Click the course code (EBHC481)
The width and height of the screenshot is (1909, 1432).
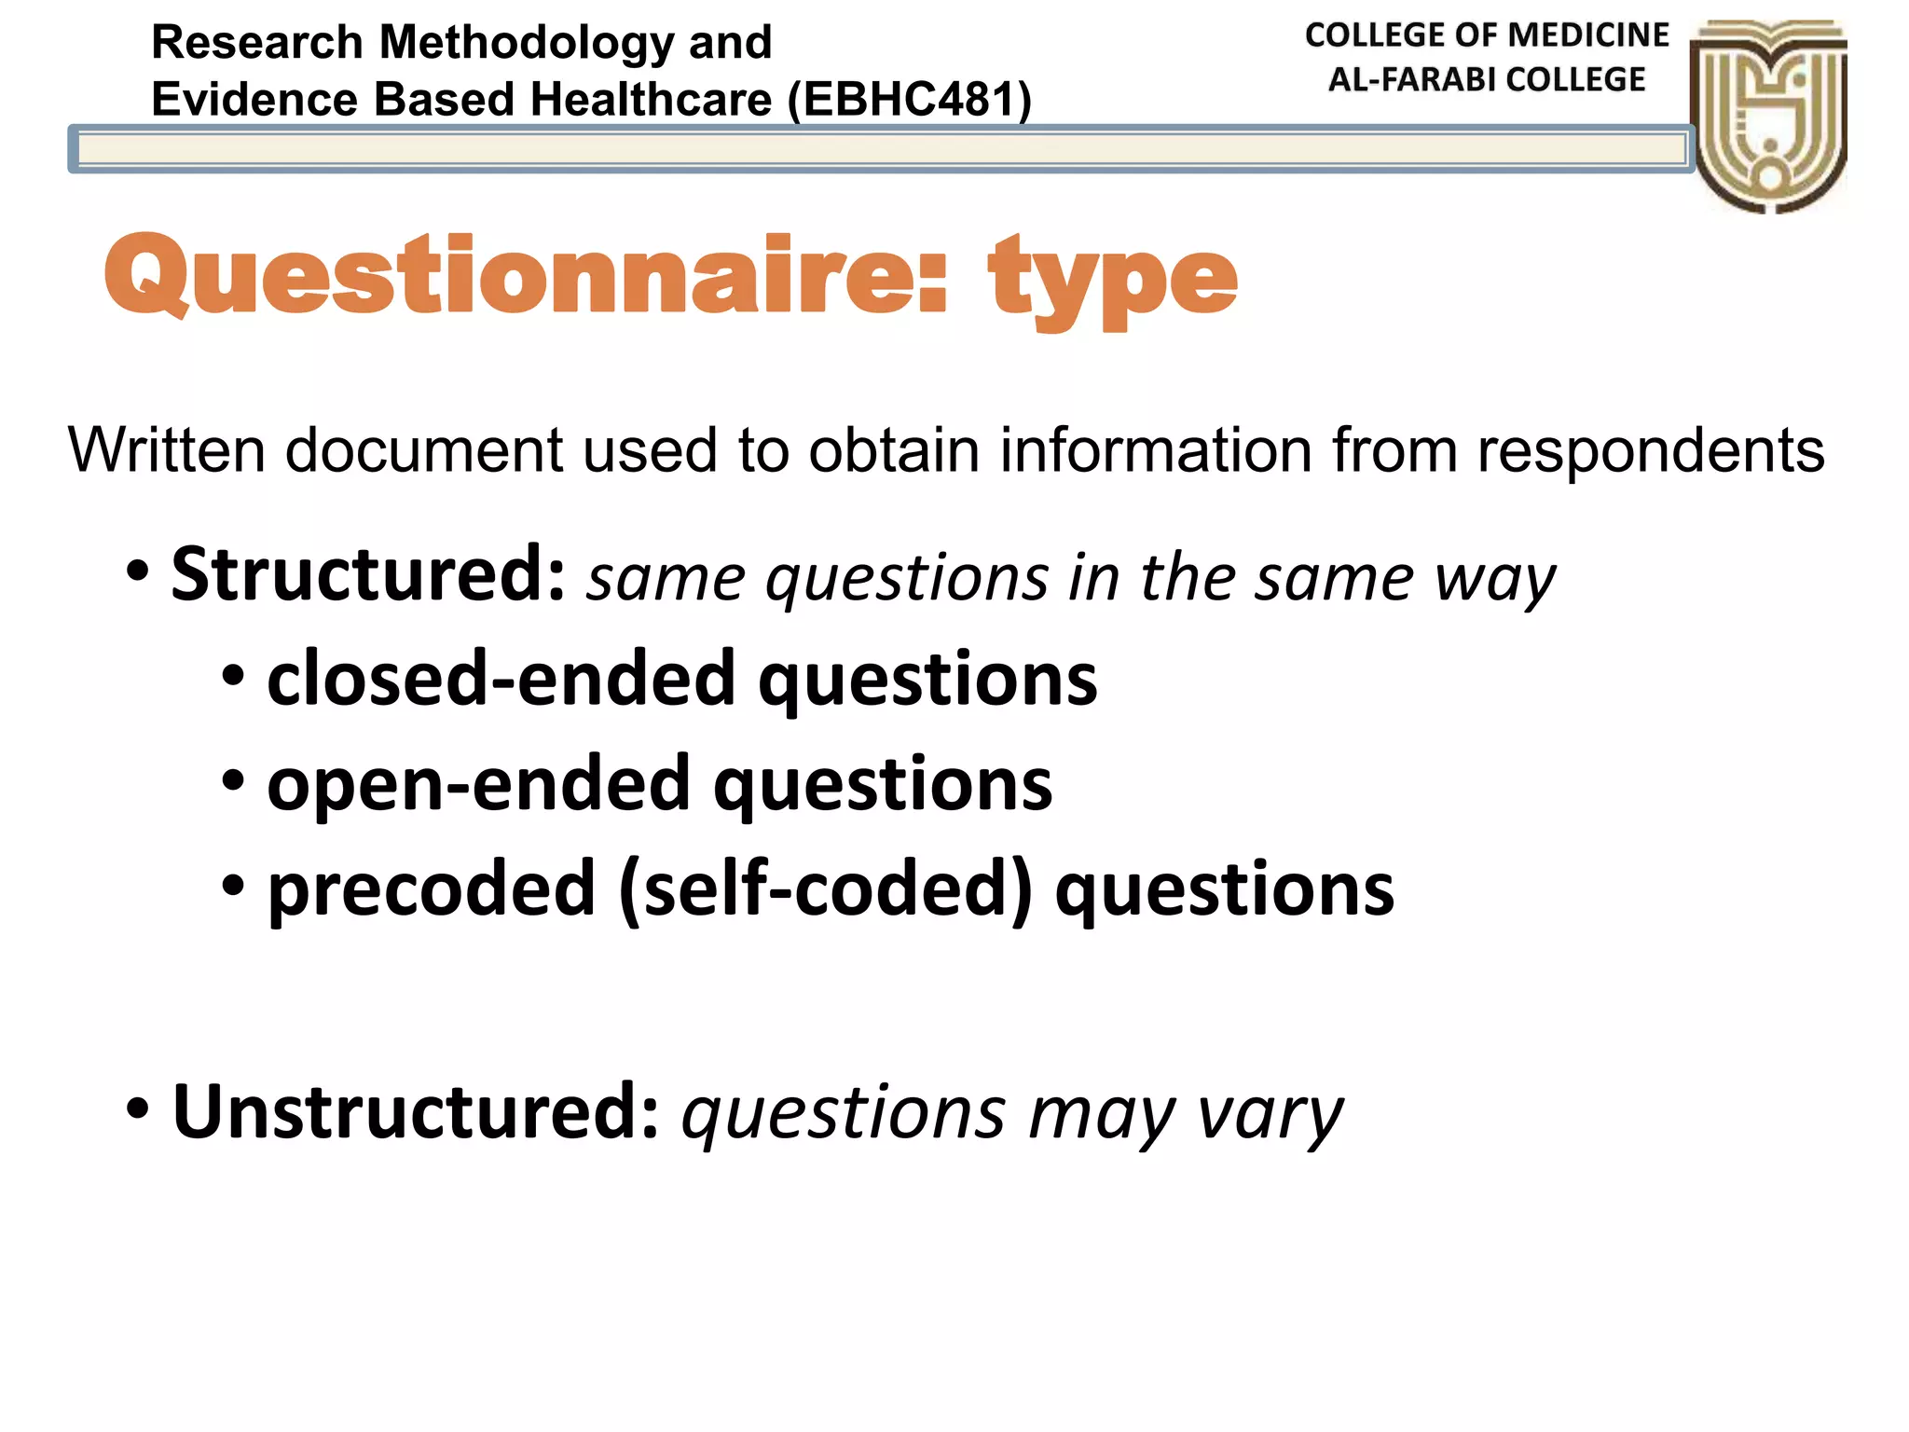[x=910, y=99]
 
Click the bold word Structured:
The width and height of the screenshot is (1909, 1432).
[x=369, y=574]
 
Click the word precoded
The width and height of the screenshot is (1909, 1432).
[x=432, y=888]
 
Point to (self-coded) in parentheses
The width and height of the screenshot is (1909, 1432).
[x=826, y=888]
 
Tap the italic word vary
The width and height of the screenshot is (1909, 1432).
[x=1270, y=1113]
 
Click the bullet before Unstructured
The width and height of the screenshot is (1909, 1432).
[x=138, y=1109]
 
